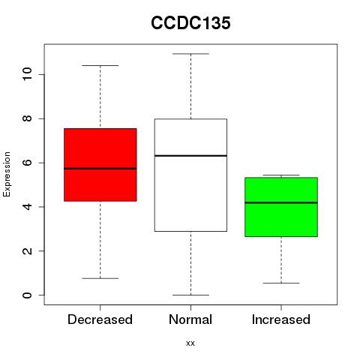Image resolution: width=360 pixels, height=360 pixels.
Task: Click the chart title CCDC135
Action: tap(190, 22)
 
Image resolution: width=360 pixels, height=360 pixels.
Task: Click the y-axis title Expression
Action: tap(7, 174)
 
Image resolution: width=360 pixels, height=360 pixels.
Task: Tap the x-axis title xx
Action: tap(190, 343)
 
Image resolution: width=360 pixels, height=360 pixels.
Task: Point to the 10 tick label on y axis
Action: tap(27, 74)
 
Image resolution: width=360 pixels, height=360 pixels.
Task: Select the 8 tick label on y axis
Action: tap(27, 118)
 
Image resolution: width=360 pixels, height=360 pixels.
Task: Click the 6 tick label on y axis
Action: tap(27, 163)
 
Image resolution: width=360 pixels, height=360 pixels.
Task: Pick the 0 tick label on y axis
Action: tap(27, 295)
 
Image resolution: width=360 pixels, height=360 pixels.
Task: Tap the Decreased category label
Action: tap(100, 319)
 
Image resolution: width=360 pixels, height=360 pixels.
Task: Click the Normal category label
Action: tap(190, 319)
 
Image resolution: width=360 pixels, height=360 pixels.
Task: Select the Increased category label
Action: tap(281, 319)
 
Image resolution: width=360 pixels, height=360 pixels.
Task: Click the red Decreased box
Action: tap(100, 165)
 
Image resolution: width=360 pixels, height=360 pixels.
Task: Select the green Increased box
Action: tap(281, 207)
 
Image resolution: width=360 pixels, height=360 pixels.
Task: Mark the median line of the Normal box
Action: tap(190, 156)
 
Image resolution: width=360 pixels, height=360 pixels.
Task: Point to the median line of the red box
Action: tap(100, 169)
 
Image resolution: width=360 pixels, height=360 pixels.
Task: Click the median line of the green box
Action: tap(281, 202)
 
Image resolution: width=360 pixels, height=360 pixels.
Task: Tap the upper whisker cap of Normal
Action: tap(190, 54)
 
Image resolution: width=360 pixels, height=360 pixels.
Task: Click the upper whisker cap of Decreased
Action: tap(100, 65)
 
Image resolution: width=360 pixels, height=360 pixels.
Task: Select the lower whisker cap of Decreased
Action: tap(100, 278)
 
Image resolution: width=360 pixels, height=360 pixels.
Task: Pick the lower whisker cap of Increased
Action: tap(281, 283)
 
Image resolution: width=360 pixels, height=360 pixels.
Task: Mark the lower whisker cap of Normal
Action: tap(190, 295)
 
